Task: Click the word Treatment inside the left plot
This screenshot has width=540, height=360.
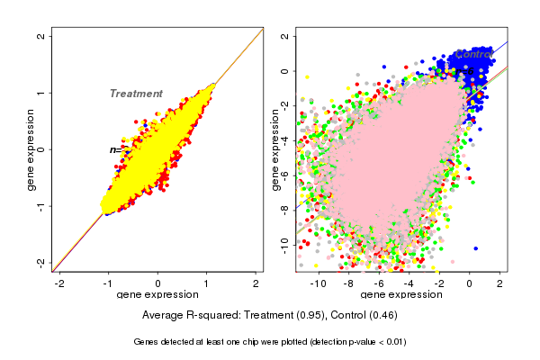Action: coord(136,94)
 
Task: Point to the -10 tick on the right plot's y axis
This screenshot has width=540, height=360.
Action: coord(285,243)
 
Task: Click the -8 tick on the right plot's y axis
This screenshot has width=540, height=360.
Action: coord(285,209)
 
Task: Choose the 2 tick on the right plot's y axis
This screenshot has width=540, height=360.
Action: coord(285,37)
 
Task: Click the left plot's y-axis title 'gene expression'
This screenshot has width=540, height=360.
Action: coord(31,149)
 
